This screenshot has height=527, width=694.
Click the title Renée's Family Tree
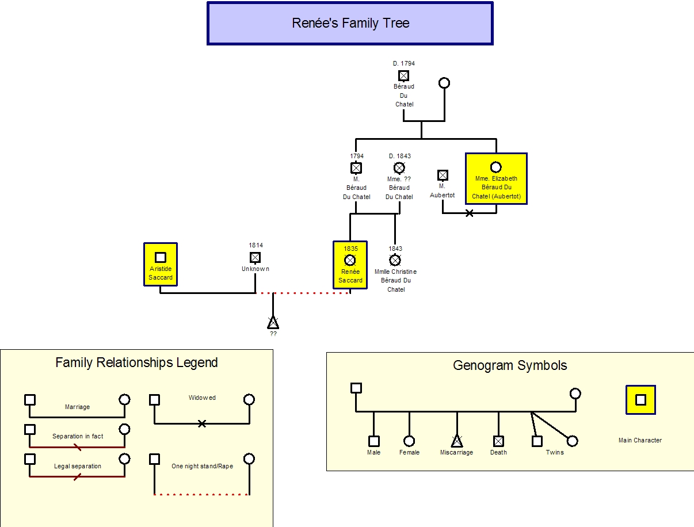(x=350, y=24)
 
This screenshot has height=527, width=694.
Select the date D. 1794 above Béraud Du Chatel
(x=404, y=64)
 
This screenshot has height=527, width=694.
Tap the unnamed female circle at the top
(x=444, y=83)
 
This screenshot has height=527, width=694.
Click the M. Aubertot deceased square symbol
(x=443, y=175)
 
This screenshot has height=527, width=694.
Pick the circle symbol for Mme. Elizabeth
(x=495, y=167)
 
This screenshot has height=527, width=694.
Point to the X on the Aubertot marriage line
(x=470, y=213)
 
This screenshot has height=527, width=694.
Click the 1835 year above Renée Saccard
(x=350, y=249)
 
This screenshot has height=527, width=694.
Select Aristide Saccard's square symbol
(x=161, y=258)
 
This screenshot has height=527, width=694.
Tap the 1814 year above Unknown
(x=256, y=246)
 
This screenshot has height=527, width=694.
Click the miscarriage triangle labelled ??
(x=273, y=322)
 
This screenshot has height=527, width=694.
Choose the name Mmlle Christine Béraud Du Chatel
(x=395, y=280)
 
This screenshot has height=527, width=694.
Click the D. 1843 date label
(x=399, y=156)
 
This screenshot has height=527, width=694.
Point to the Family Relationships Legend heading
(x=136, y=363)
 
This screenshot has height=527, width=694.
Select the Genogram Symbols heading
(x=510, y=365)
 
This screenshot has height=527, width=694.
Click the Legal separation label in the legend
(x=77, y=467)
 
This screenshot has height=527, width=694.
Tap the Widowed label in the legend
(x=202, y=398)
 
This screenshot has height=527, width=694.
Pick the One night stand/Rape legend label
(x=202, y=467)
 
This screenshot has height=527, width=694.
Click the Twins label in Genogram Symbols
(x=555, y=452)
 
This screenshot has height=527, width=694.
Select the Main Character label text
(x=640, y=441)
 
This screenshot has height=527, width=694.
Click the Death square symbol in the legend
(x=498, y=441)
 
